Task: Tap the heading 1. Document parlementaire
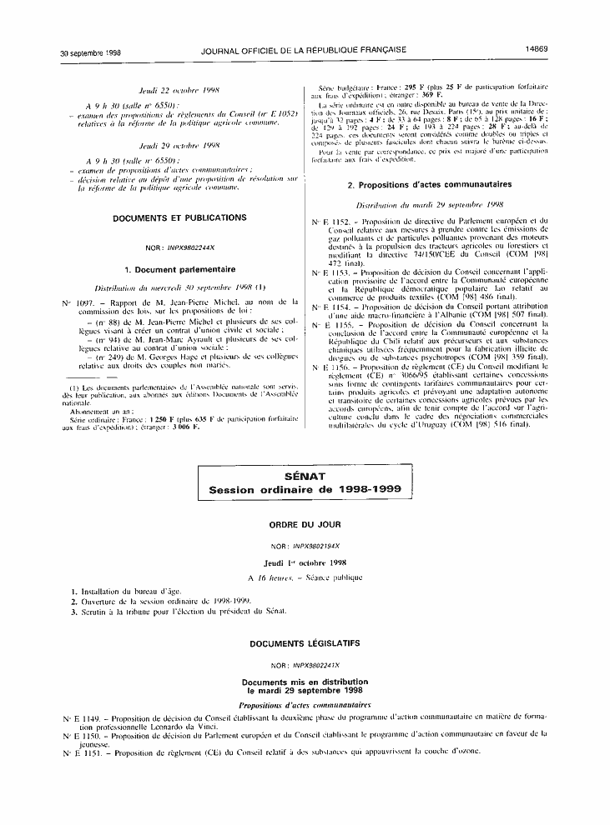[x=179, y=269]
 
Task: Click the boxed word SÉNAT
[x=305, y=475]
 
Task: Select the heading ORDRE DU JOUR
[x=304, y=528]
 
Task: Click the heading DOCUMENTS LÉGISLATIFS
[x=304, y=644]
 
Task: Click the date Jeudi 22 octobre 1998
[x=179, y=89]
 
